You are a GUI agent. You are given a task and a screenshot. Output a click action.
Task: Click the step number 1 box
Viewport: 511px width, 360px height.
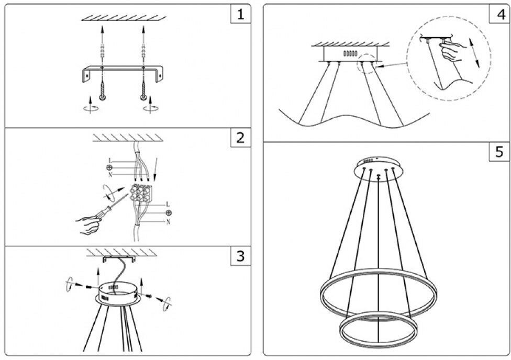[240, 14]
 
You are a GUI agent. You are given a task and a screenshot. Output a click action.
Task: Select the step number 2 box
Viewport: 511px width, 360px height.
[240, 138]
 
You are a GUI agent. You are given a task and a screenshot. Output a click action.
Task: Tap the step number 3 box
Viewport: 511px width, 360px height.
[240, 256]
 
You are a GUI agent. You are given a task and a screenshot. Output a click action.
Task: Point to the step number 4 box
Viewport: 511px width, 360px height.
[498, 14]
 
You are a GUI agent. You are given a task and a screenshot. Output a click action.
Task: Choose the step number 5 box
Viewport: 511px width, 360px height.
[498, 152]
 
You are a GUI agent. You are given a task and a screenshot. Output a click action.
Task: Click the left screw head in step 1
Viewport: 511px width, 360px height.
[102, 97]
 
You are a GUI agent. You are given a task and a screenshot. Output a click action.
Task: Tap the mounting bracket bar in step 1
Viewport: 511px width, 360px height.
[123, 68]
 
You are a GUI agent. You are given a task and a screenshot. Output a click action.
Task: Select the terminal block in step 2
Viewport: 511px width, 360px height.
[140, 194]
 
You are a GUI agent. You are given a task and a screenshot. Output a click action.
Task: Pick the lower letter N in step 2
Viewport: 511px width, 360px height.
[168, 222]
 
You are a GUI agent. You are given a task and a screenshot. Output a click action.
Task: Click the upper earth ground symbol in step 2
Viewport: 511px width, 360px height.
[110, 167]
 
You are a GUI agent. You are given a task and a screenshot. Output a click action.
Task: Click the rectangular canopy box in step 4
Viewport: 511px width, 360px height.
[349, 53]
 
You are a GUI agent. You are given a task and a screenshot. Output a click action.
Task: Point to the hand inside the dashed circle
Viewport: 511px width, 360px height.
[451, 53]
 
